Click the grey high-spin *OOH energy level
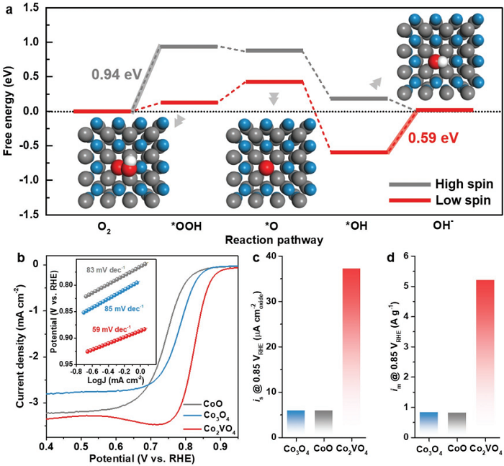(x=189, y=46)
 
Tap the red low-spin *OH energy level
(x=359, y=152)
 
